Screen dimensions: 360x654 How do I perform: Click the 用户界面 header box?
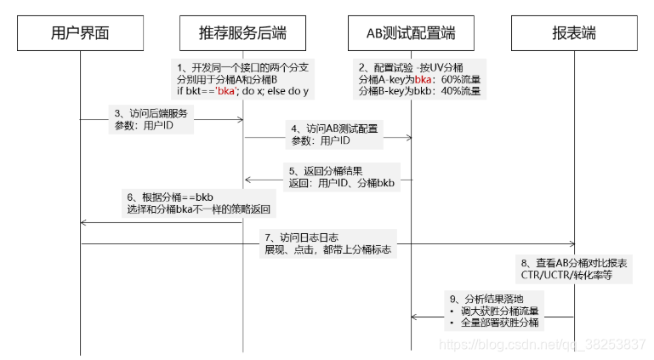pos(81,33)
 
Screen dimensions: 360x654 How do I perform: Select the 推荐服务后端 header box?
pos(242,33)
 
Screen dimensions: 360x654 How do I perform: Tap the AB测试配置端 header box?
pos(411,33)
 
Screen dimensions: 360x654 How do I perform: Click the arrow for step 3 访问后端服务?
pos(162,119)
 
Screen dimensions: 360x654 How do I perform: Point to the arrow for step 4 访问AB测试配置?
pos(327,136)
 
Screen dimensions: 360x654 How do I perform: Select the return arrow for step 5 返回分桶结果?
pos(327,180)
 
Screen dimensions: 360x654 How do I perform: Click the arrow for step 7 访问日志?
pos(327,244)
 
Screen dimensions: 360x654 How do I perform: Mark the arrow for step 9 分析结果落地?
pos(493,317)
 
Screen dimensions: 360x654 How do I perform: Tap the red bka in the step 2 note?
pos(425,79)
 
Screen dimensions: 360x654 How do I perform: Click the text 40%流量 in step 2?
pos(463,91)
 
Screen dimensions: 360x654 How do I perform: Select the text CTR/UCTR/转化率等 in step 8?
pos(566,275)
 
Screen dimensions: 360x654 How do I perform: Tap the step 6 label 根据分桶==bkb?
pos(170,197)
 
